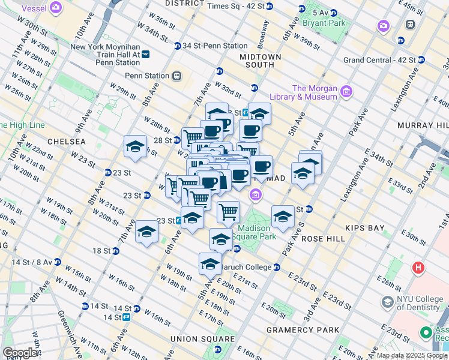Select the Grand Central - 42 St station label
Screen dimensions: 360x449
click(x=379, y=60)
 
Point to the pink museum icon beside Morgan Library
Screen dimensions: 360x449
click(x=346, y=92)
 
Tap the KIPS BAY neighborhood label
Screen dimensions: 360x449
click(x=367, y=228)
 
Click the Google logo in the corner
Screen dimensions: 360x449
click(x=20, y=353)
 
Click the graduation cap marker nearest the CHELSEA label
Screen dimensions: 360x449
click(x=135, y=146)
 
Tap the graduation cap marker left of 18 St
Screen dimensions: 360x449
click(x=146, y=232)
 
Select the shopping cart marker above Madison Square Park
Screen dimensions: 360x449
click(x=228, y=211)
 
